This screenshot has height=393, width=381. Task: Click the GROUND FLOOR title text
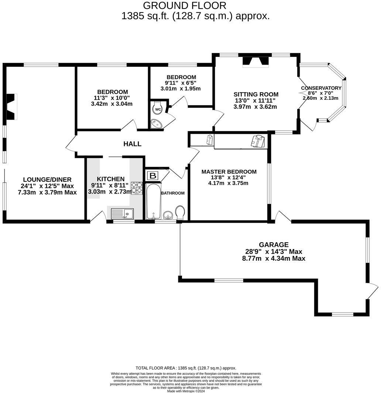(184, 6)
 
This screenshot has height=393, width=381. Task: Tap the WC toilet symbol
(158, 109)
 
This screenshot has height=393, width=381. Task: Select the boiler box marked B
(152, 175)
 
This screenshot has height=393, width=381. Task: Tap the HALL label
(132, 144)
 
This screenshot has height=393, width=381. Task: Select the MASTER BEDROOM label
(229, 172)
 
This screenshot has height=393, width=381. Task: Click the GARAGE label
(274, 245)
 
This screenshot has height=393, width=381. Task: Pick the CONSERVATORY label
(321, 88)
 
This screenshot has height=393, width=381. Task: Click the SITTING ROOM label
(256, 94)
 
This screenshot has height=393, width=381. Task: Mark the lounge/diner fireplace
(11, 107)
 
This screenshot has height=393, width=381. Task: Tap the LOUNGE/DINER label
(47, 180)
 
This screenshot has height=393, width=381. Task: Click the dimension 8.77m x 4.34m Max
(274, 259)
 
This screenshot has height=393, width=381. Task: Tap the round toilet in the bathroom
(180, 212)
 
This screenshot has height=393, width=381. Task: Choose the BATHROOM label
(172, 193)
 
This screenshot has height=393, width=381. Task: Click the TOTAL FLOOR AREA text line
(186, 368)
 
